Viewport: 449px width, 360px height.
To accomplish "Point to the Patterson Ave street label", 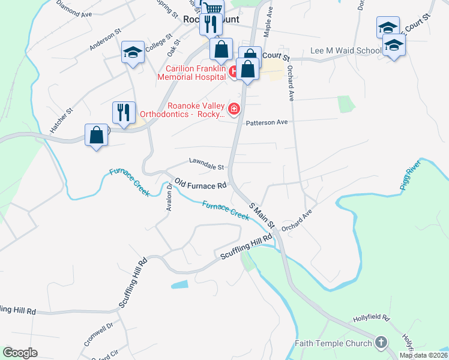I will coord(267,122).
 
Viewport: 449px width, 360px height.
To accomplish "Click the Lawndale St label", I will coord(206,163).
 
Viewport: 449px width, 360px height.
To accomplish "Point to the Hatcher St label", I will coord(61,121).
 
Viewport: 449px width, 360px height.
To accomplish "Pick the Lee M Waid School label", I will coord(345,52).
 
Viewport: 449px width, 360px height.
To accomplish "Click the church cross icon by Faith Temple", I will coord(379,343).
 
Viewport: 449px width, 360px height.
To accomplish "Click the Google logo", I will coord(19,353).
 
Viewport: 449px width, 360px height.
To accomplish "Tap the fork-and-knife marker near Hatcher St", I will coord(123,112).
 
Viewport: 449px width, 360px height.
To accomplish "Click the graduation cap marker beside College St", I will coord(132,52).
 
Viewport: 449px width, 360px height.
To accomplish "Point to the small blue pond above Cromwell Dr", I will coord(182,284).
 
